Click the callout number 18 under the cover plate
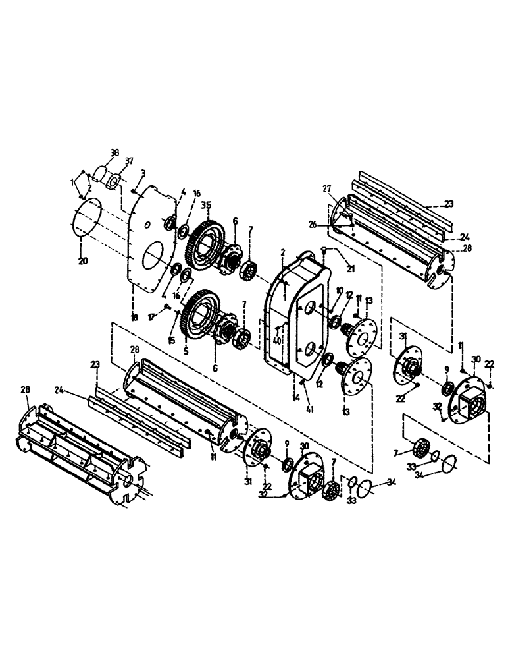[134, 318]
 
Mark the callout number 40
[277, 341]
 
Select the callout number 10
[340, 291]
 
